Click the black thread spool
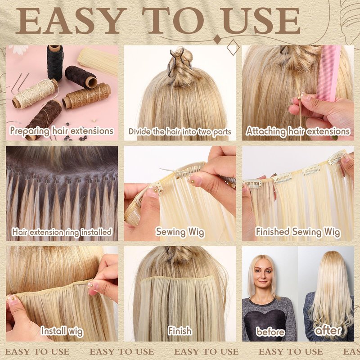tap(54, 62)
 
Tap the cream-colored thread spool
tap(35, 94)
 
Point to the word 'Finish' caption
tap(180, 331)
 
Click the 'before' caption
tap(270, 332)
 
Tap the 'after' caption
tap(328, 331)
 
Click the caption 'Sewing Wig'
tap(180, 232)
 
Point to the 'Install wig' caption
tap(62, 331)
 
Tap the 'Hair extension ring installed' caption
tap(62, 232)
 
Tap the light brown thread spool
tap(86, 96)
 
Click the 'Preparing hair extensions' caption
tap(62, 131)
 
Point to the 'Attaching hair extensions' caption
tap(298, 131)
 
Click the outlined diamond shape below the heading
tap(233, 47)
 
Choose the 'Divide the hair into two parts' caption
tap(180, 132)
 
